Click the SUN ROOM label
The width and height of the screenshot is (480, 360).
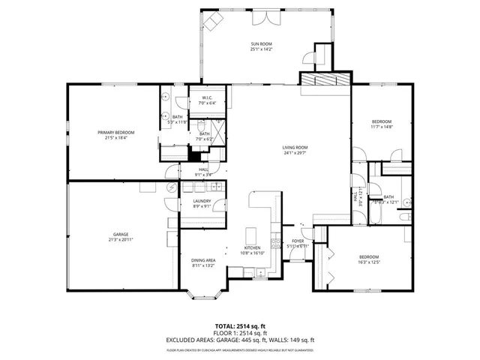point(262,45)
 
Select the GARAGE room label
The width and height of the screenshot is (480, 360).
point(111,234)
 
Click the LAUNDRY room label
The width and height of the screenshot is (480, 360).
point(201,201)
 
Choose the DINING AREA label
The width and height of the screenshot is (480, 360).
point(203,259)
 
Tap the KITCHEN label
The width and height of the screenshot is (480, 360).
point(251,247)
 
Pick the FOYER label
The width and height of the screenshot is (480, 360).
point(297,241)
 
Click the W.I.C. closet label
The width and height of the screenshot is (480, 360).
point(206,97)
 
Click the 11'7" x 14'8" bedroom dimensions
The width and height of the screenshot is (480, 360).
point(382,127)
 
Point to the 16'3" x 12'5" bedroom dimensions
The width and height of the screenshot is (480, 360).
point(368,262)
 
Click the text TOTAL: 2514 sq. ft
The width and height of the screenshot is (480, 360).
point(239,318)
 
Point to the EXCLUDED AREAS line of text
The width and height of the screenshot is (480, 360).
point(239,340)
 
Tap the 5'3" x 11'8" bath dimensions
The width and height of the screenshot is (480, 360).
point(178,122)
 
